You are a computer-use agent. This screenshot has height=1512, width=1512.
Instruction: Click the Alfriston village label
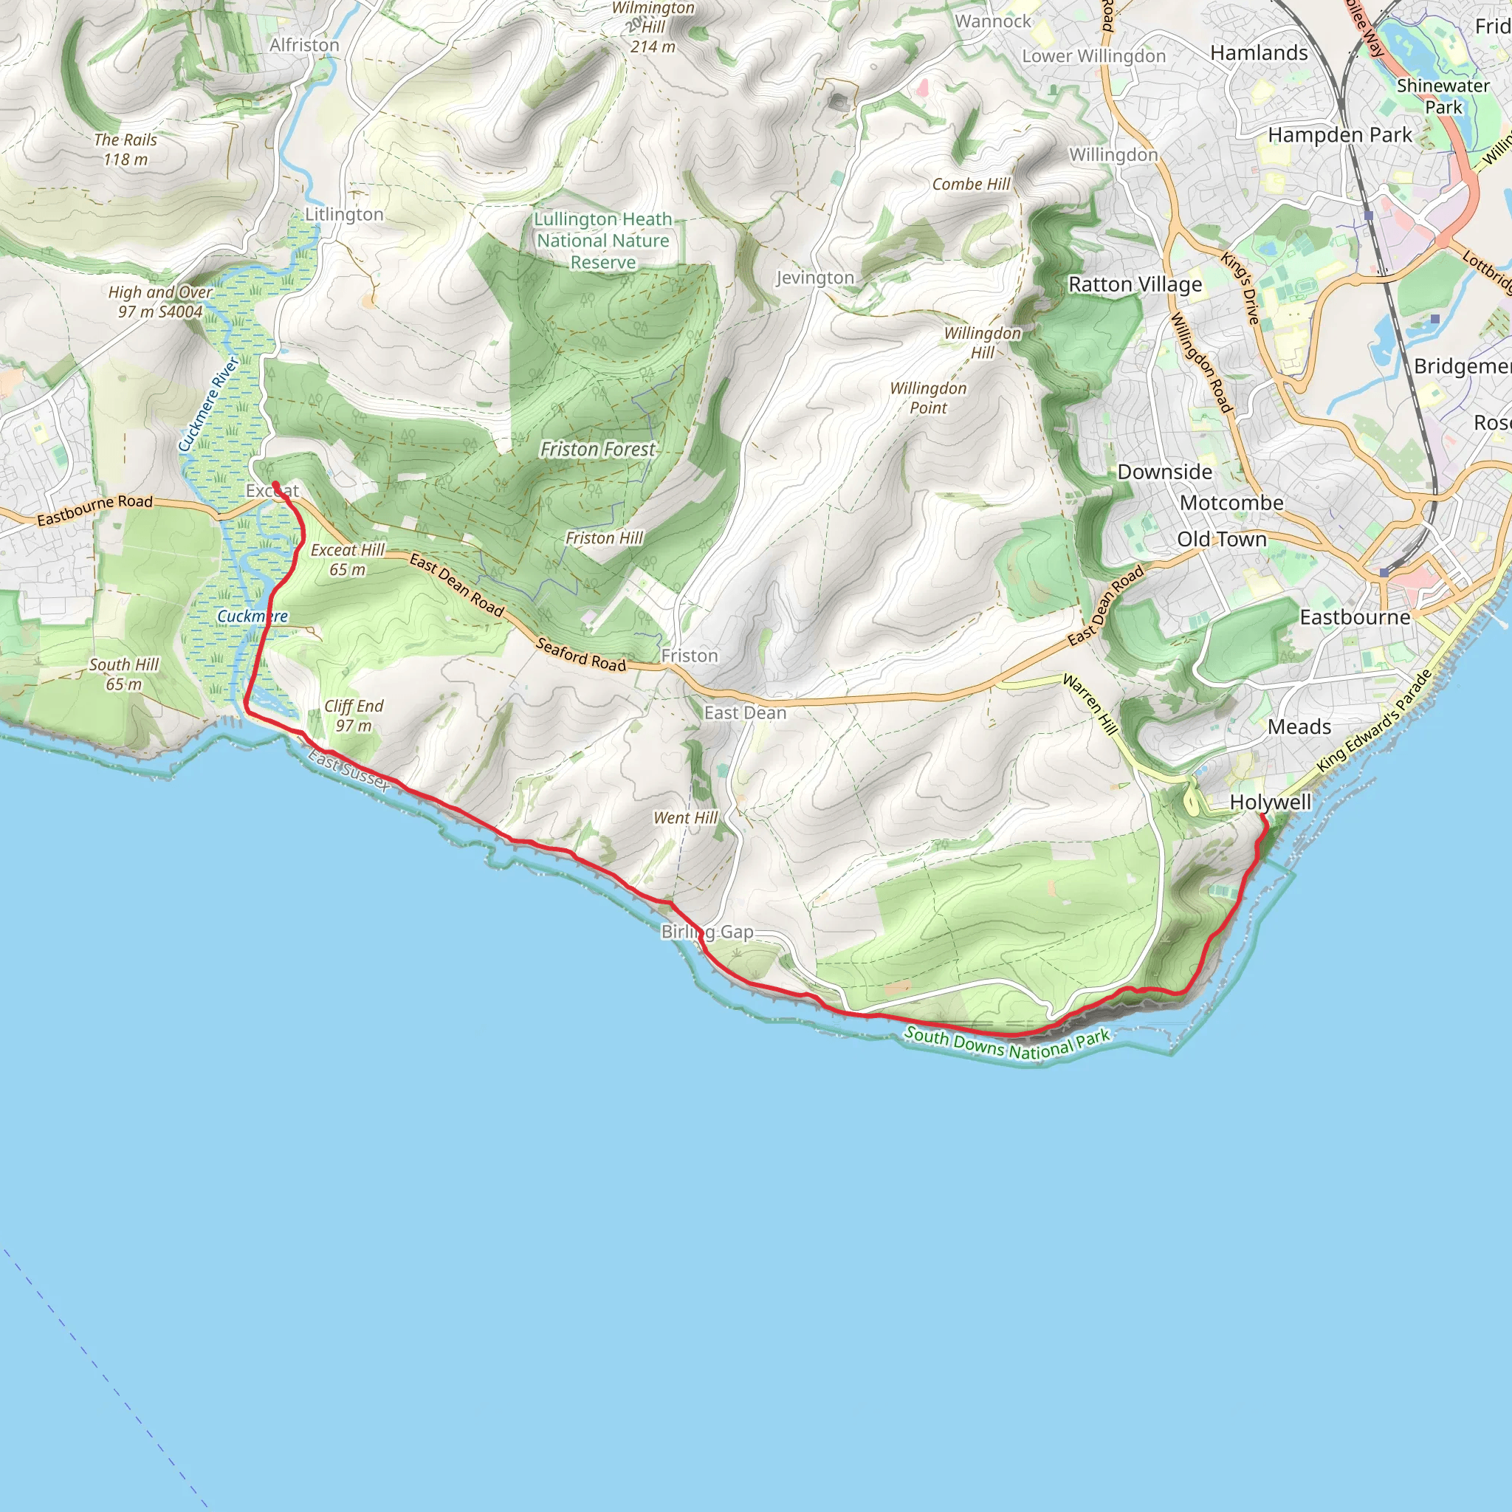pyautogui.click(x=304, y=45)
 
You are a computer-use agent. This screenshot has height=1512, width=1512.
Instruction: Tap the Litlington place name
pyautogui.click(x=344, y=214)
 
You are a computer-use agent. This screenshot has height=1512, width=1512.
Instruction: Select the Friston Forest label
pyautogui.click(x=597, y=449)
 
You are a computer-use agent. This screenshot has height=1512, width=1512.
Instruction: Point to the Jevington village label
pyautogui.click(x=815, y=278)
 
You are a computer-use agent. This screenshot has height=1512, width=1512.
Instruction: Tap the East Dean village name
pyautogui.click(x=745, y=713)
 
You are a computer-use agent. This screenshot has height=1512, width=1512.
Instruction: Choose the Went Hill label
pyautogui.click(x=686, y=818)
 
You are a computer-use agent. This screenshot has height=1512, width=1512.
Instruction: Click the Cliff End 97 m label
pyautogui.click(x=354, y=715)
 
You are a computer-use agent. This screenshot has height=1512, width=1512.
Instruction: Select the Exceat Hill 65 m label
pyautogui.click(x=348, y=560)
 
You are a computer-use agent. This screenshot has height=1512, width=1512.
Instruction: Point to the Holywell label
pyautogui.click(x=1270, y=803)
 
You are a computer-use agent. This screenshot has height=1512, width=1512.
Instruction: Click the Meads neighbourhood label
pyautogui.click(x=1299, y=727)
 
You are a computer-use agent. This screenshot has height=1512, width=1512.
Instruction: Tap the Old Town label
pyautogui.click(x=1222, y=539)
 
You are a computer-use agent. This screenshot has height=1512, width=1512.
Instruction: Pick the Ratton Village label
pyautogui.click(x=1135, y=284)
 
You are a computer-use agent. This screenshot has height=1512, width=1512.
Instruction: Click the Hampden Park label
pyautogui.click(x=1340, y=135)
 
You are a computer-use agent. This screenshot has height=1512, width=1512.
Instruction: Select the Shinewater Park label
pyautogui.click(x=1443, y=96)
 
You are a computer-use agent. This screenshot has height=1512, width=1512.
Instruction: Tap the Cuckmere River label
pyautogui.click(x=207, y=405)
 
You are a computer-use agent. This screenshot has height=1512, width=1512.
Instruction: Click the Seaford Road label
pyautogui.click(x=582, y=655)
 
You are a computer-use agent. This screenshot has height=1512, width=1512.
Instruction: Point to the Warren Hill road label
pyautogui.click(x=1090, y=704)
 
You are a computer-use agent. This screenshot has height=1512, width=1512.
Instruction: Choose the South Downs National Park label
pyautogui.click(x=1007, y=1044)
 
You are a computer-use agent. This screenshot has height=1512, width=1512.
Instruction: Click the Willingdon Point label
pyautogui.click(x=928, y=398)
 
